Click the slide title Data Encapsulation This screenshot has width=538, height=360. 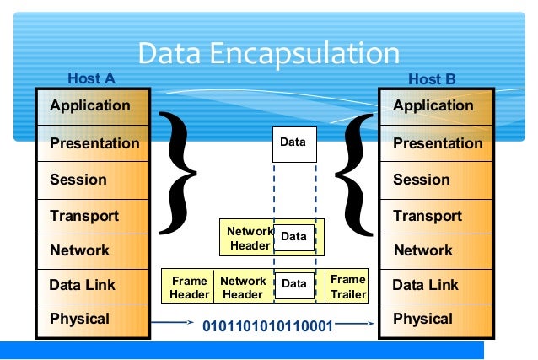(x=268, y=53)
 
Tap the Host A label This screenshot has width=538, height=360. (x=91, y=79)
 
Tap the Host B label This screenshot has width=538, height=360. (x=432, y=79)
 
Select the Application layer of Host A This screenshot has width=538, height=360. (x=92, y=106)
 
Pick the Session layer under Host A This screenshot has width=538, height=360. (x=92, y=180)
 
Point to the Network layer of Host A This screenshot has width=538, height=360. (x=92, y=250)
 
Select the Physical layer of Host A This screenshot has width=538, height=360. (x=92, y=319)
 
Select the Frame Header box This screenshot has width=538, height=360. (x=189, y=287)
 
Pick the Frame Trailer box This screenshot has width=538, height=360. (x=347, y=287)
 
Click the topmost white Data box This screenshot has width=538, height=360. (x=293, y=143)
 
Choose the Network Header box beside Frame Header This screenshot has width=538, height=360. (x=243, y=287)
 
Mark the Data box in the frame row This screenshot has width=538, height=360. (x=294, y=285)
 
